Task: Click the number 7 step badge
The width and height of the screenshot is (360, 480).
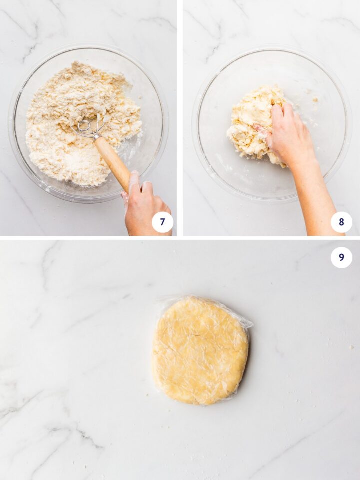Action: [162, 222]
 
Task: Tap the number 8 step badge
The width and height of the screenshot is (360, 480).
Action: [341, 222]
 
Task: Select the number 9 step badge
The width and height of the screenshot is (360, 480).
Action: [341, 257]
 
